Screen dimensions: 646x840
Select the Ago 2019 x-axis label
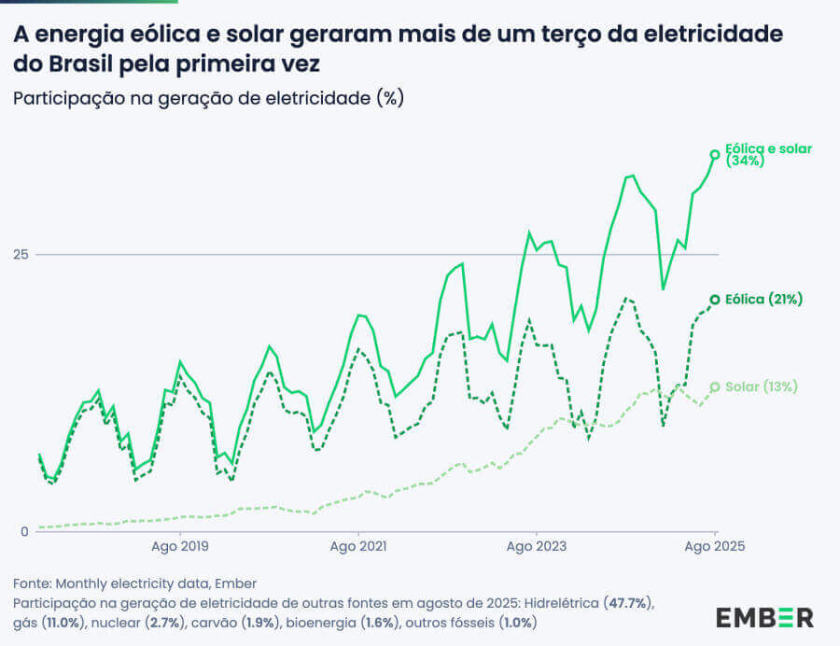pyautogui.click(x=179, y=547)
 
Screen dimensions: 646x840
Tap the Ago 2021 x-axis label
pyautogui.click(x=358, y=547)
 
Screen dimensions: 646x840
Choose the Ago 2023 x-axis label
pyautogui.click(x=537, y=547)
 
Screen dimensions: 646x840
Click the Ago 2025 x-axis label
pyautogui.click(x=715, y=547)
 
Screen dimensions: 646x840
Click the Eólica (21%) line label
pyautogui.click(x=763, y=300)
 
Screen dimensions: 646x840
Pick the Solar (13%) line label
pyautogui.click(x=761, y=386)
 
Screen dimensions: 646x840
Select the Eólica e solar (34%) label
pyautogui.click(x=768, y=154)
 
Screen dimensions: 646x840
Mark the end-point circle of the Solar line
pyautogui.click(x=715, y=386)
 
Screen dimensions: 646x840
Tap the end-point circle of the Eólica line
pyautogui.click(x=715, y=300)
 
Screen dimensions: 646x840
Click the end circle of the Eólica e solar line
pyautogui.click(x=715, y=154)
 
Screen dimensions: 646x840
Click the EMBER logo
pyautogui.click(x=764, y=617)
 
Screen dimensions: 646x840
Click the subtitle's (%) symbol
pyautogui.click(x=390, y=98)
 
